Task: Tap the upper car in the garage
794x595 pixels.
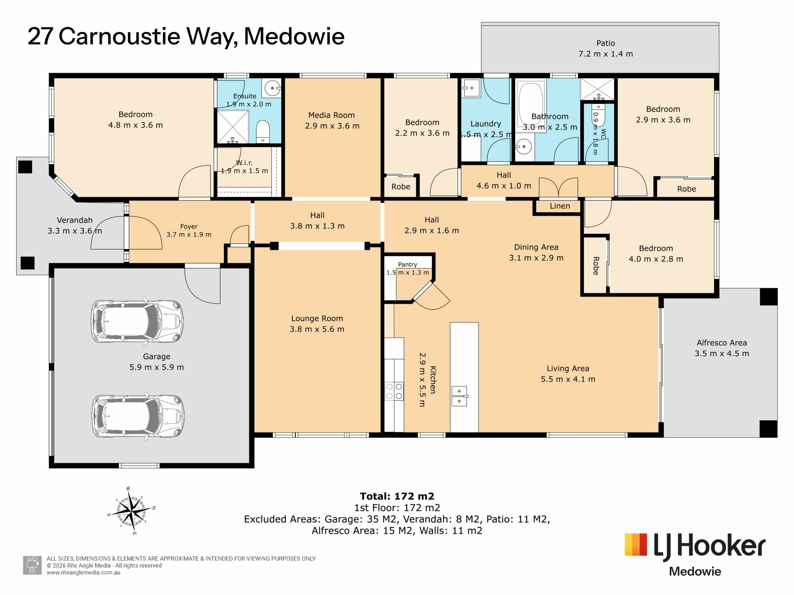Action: tap(138, 321)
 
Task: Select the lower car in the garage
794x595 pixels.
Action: tap(138, 416)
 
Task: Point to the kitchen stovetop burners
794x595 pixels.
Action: tap(394, 391)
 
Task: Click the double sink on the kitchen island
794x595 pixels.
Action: tap(459, 396)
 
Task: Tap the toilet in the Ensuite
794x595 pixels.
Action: tap(263, 131)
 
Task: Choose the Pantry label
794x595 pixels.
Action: tap(408, 264)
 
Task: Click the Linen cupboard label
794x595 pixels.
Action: tap(560, 206)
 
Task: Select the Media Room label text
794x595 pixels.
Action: tap(332, 115)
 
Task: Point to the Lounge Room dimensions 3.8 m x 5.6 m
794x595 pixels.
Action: tap(317, 329)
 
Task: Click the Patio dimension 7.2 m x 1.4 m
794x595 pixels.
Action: tap(605, 54)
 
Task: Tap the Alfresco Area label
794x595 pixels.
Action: tap(722, 343)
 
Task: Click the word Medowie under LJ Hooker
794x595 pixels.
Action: tap(695, 571)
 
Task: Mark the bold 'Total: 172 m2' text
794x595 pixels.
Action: tap(397, 496)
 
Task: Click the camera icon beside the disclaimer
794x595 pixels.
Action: tap(32, 565)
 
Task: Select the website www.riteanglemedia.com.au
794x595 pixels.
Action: tap(84, 573)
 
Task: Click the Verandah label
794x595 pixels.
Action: tap(75, 220)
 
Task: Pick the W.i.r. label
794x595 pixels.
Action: tap(244, 163)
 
